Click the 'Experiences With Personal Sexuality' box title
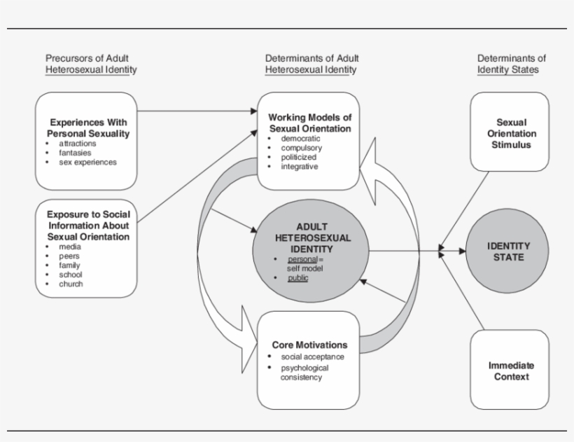tap(88, 127)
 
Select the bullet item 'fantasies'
tap(76, 153)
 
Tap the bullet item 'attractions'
tap(78, 144)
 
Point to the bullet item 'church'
tap(71, 284)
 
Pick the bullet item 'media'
tap(70, 247)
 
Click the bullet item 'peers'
tap(70, 256)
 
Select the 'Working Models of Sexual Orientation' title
tap(309, 123)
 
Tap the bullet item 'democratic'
tap(300, 139)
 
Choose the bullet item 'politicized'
tap(299, 157)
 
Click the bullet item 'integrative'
tap(300, 166)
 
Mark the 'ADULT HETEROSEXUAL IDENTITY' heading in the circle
tap(313, 237)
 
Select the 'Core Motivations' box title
tap(309, 345)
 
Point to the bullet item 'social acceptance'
tap(312, 357)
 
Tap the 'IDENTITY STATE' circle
tap(508, 251)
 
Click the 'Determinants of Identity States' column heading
tap(511, 64)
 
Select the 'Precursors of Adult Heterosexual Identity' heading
tap(91, 64)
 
